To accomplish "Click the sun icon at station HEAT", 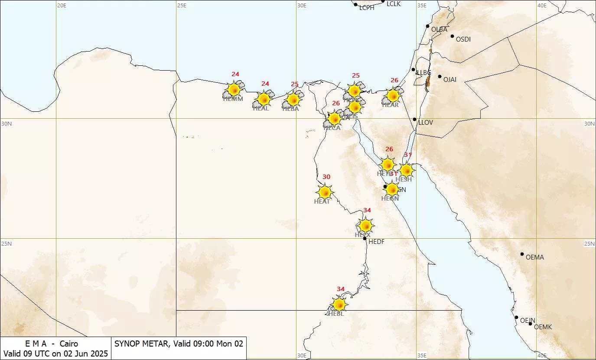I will click(325, 192).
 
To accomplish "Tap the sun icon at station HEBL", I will click(339, 304).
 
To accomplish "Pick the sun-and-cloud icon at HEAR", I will click(392, 96).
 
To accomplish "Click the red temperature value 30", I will click(326, 177).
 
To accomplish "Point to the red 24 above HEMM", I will click(235, 74).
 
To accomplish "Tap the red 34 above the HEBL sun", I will click(341, 289).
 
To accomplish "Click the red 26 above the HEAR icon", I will click(394, 80).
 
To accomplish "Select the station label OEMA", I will click(534, 257).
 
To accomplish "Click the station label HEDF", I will click(376, 242).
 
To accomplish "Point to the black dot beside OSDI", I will click(452, 36).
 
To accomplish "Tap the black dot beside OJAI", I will click(440, 77).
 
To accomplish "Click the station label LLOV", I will click(425, 123).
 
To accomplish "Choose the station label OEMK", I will click(543, 327).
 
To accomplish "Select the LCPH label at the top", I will click(367, 8).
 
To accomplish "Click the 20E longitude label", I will click(62, 5).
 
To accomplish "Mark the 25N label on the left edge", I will click(7, 243).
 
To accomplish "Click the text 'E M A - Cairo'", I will click(51, 344).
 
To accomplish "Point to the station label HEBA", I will click(290, 109).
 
